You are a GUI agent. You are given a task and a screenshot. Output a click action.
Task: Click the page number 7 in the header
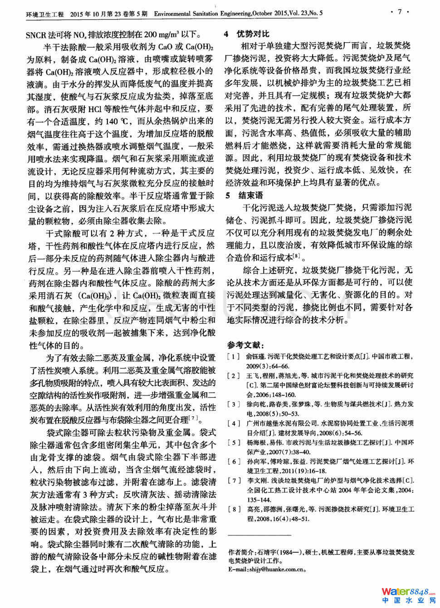click(400, 12)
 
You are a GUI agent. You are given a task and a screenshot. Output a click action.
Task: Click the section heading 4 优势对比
click(247, 34)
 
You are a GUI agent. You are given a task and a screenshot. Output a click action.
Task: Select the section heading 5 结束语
click(244, 195)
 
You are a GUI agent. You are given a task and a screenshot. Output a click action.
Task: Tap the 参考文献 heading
click(245, 345)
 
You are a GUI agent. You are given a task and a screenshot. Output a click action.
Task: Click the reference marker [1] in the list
click(234, 357)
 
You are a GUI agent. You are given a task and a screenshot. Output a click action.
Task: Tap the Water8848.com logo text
click(406, 592)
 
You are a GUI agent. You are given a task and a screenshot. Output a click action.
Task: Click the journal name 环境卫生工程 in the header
click(45, 14)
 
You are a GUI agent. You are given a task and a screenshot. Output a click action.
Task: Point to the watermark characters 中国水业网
click(409, 601)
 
